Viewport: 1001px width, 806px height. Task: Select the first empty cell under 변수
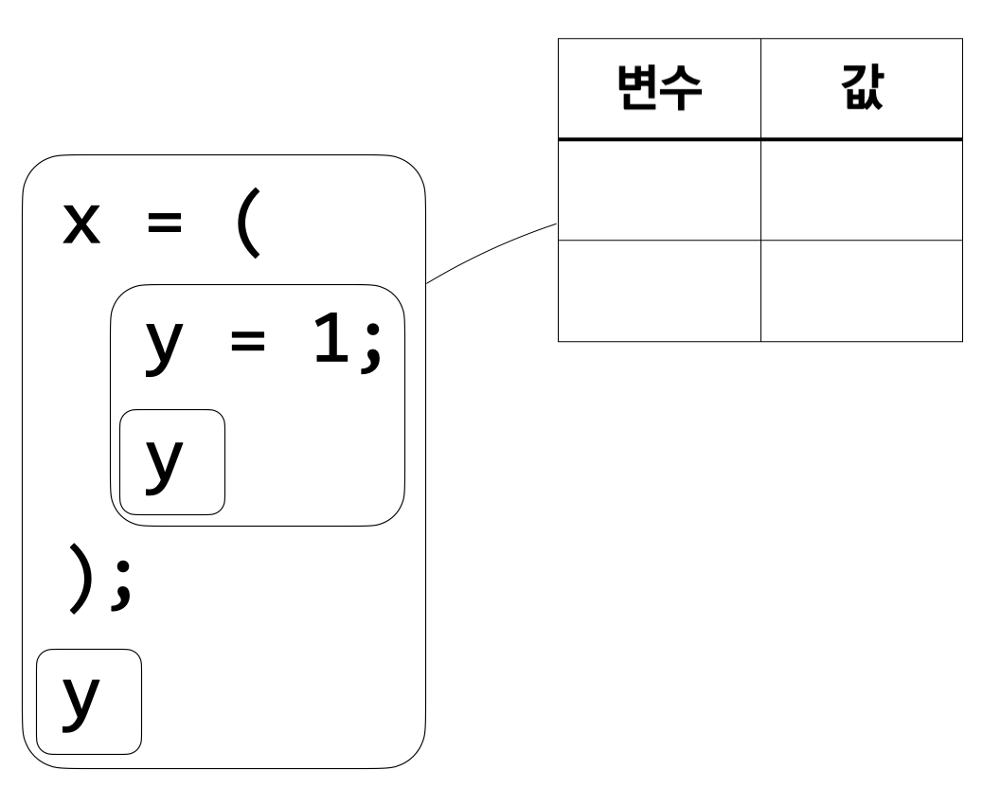(658, 190)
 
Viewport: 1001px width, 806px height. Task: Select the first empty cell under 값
(861, 190)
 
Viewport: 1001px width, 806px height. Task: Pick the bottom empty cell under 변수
(658, 291)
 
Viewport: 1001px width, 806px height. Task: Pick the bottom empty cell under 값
(861, 291)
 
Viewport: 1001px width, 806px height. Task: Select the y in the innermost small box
(164, 463)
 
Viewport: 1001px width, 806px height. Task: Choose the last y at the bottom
(81, 702)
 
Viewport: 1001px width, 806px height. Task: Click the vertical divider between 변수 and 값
(760, 90)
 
